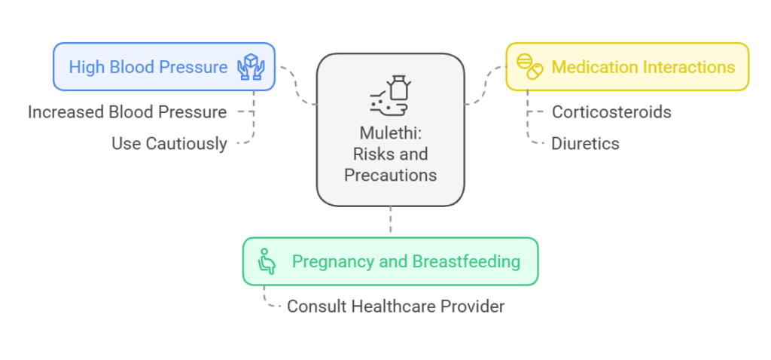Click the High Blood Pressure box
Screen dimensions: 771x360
point(163,67)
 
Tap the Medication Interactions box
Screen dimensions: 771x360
point(627,67)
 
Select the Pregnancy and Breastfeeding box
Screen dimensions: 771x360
point(391,261)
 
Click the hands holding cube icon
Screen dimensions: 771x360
point(251,67)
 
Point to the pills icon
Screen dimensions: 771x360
point(529,67)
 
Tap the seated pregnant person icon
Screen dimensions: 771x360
point(266,261)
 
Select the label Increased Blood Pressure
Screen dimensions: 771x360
point(126,112)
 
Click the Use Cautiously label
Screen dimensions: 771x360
point(169,144)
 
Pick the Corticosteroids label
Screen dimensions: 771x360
point(611,112)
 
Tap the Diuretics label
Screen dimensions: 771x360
point(585,144)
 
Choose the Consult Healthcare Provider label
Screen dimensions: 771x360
point(396,307)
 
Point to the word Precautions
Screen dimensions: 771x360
point(391,175)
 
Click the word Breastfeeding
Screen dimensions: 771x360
point(466,261)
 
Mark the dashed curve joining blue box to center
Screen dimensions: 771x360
point(297,84)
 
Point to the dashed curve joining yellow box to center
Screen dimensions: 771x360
point(486,85)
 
